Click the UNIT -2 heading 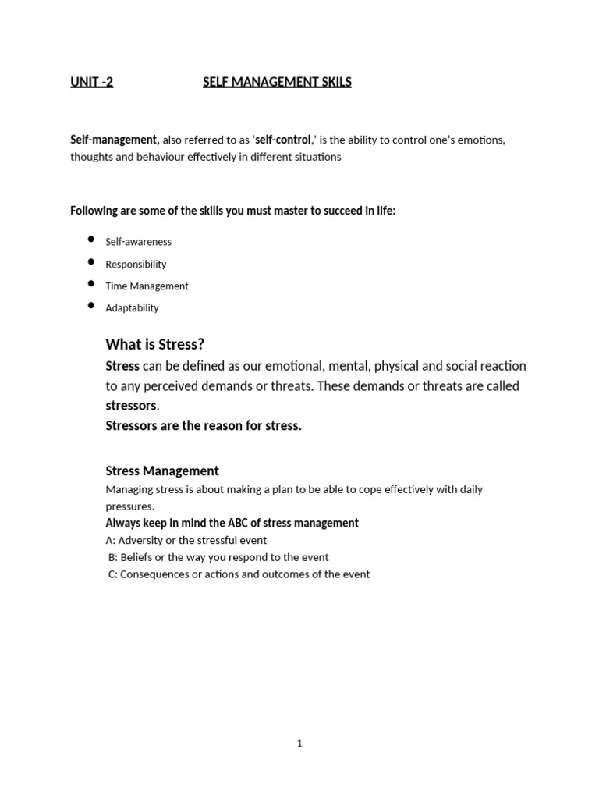pos(91,82)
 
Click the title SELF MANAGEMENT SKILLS pos(277,82)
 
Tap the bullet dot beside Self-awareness pos(91,240)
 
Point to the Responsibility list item pos(136,265)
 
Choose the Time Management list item pos(147,286)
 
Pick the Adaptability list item pos(132,308)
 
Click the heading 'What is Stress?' pos(154,345)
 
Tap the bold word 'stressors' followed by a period pos(131,406)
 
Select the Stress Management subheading pos(162,471)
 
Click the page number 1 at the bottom pos(299,744)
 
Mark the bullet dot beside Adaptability pos(91,305)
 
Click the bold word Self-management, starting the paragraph pos(115,140)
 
